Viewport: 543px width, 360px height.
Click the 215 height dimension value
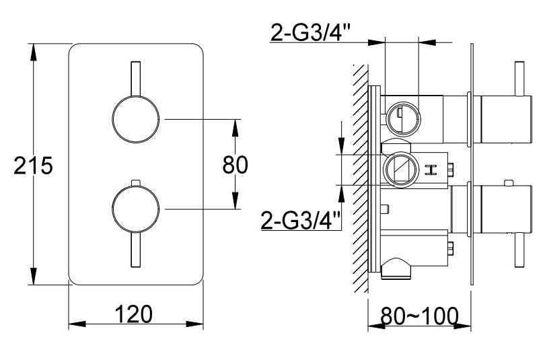(x=33, y=166)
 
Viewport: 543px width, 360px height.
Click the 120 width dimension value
(x=133, y=314)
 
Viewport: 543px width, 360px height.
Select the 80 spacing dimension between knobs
(x=235, y=164)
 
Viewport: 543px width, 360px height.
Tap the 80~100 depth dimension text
(x=419, y=316)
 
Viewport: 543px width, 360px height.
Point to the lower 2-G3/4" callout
(x=301, y=220)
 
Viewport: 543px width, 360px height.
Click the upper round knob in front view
(x=136, y=118)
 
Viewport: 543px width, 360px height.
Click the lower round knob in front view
(x=136, y=209)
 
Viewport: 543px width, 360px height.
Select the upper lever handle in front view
(x=136, y=79)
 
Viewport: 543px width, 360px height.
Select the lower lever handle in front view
(x=136, y=249)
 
